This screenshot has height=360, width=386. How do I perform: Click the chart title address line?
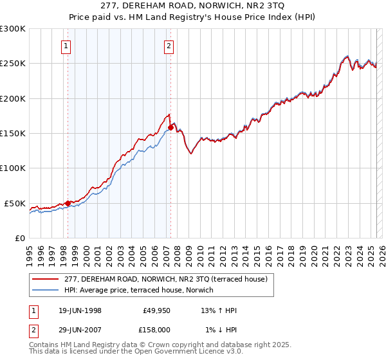click(193, 6)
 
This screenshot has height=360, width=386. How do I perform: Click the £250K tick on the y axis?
click(13, 64)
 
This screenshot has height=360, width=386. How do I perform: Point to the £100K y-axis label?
click(13, 168)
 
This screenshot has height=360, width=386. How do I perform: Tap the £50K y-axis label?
click(15, 203)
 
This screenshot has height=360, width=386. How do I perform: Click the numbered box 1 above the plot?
click(67, 46)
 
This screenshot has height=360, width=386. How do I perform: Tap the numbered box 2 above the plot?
click(169, 46)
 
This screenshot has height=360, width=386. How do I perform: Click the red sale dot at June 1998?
click(68, 203)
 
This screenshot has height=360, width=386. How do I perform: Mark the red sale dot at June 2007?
click(170, 128)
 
